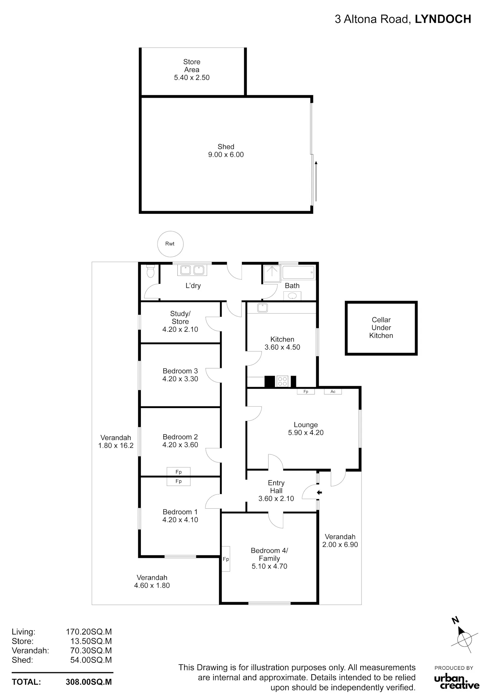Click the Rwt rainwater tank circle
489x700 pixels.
[x=170, y=244]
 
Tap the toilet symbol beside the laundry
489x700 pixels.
[x=150, y=271]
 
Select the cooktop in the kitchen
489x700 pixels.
[x=282, y=381]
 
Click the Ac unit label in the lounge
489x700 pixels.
[x=333, y=391]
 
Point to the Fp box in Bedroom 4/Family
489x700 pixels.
[x=226, y=559]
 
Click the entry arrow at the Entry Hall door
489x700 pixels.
[x=319, y=492]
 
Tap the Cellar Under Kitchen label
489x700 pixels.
[x=381, y=328]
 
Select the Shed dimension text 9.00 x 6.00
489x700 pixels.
[x=226, y=155]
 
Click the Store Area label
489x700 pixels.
[x=192, y=66]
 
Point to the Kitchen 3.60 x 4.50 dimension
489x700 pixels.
[x=282, y=347]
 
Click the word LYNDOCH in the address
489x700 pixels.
[x=443, y=19]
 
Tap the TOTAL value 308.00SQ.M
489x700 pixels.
[x=89, y=682]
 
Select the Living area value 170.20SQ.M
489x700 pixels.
[x=89, y=632]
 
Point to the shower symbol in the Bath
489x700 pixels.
[x=272, y=273]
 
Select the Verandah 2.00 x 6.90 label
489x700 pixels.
[x=340, y=541]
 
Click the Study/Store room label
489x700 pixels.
[x=180, y=318]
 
